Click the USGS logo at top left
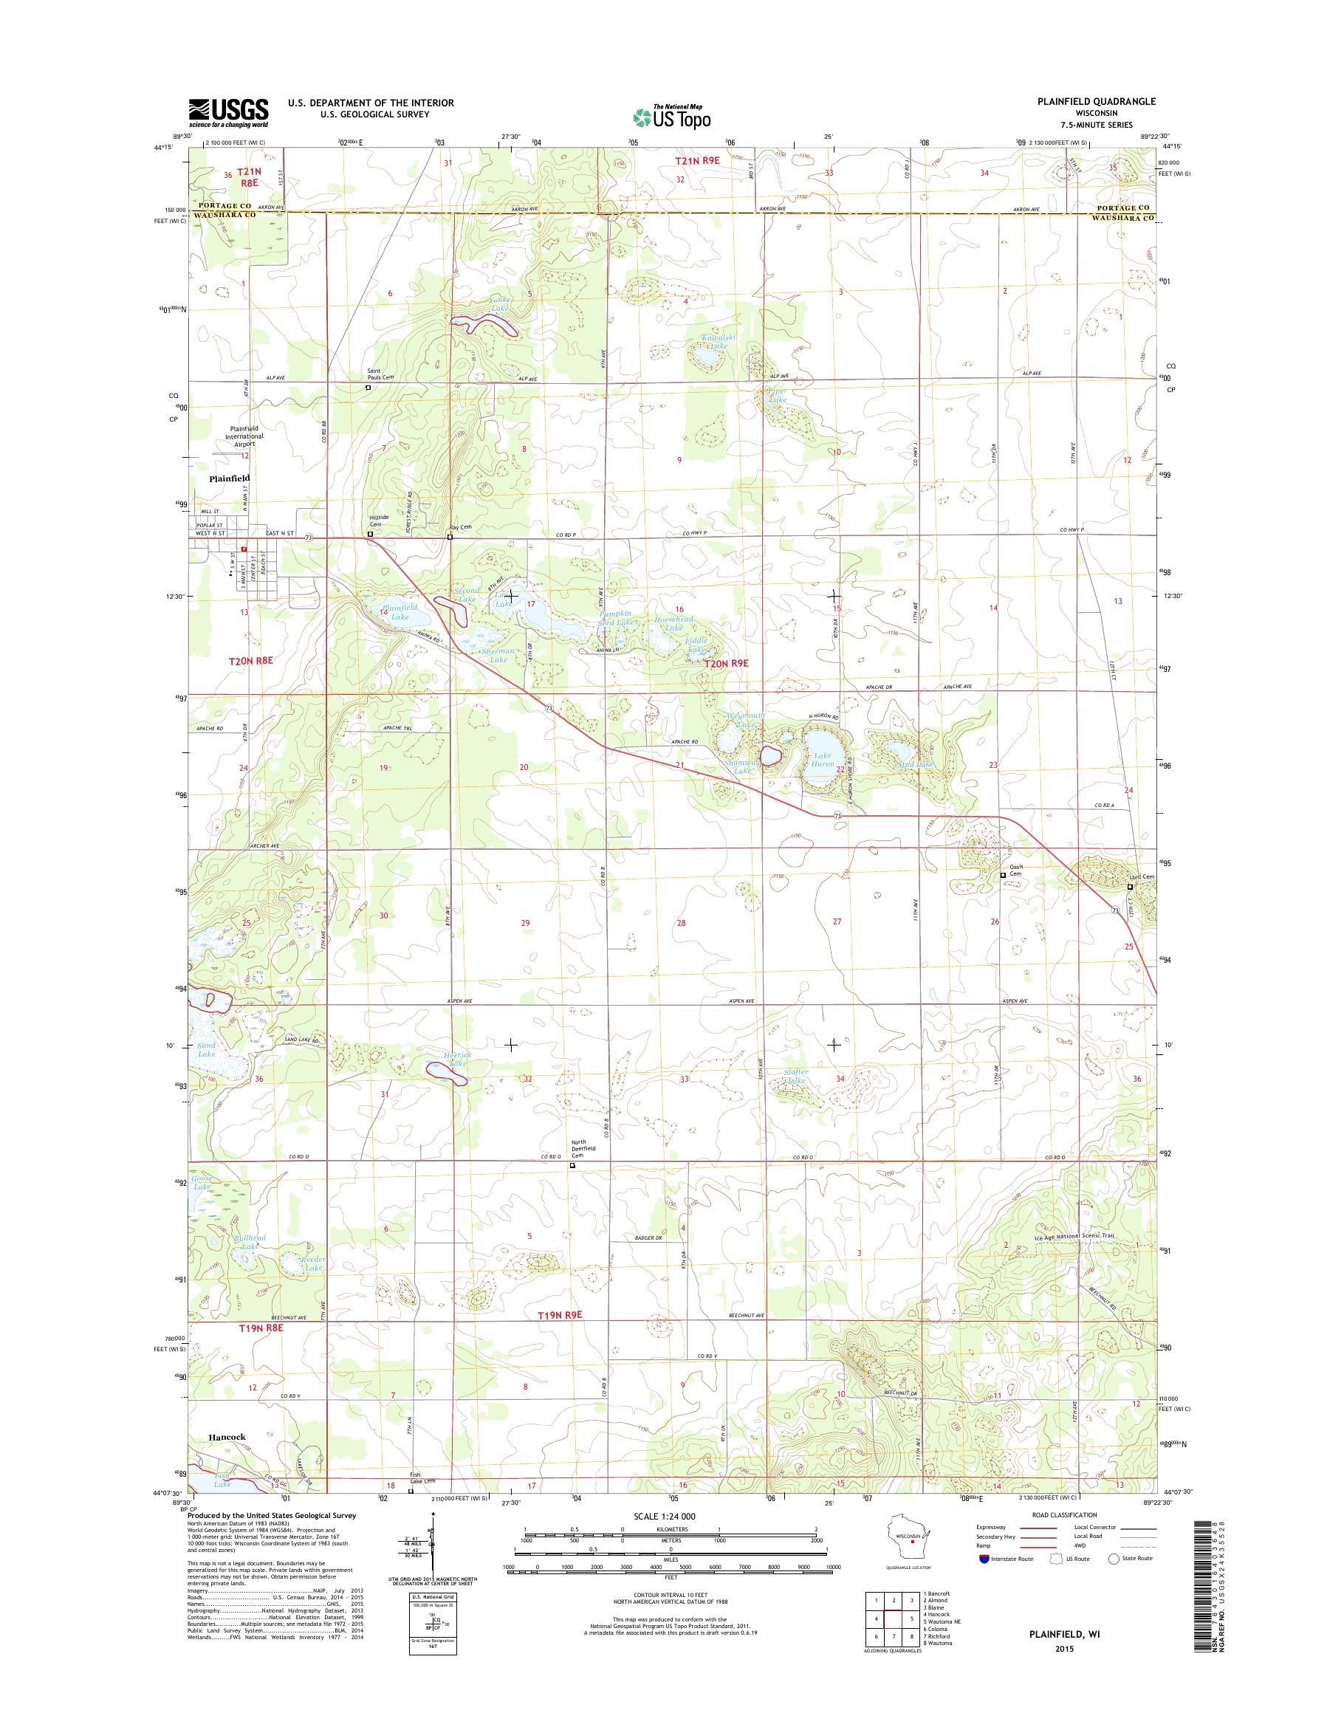click(228, 112)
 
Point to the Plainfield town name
click(229, 478)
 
